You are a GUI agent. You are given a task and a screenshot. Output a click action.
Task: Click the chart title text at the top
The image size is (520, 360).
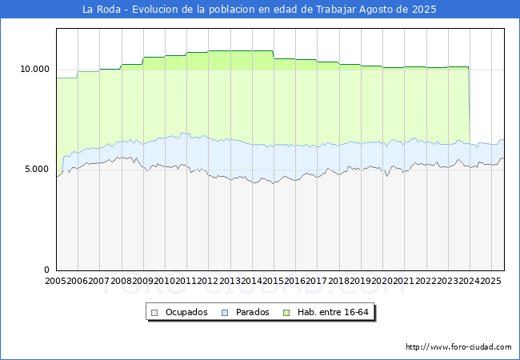point(260,10)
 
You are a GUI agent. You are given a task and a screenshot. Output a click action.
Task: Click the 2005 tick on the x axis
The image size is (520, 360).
point(56,282)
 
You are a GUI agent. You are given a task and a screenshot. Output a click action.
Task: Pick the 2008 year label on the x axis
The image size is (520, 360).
point(121,282)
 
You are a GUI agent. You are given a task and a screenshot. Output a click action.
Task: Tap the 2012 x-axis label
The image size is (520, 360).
point(208,282)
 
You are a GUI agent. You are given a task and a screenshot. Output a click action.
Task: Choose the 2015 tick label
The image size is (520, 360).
point(273,282)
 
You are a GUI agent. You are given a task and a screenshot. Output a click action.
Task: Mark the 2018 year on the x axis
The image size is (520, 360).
point(338,282)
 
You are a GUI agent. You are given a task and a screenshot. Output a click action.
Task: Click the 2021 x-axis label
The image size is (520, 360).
point(403,282)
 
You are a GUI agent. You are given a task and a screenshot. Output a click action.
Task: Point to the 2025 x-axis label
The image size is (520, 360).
point(490,282)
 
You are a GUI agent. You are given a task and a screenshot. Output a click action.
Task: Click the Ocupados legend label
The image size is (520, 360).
point(186,312)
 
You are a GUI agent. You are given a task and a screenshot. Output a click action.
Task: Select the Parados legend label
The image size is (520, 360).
point(253,312)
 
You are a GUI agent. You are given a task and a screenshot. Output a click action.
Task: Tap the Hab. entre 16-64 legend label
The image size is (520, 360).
point(338,312)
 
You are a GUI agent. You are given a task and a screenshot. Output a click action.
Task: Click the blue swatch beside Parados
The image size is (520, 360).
point(225,312)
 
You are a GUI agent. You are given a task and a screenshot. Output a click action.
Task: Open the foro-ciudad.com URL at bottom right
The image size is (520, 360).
point(458,347)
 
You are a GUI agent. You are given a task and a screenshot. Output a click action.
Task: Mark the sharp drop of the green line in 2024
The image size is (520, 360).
point(469,104)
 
